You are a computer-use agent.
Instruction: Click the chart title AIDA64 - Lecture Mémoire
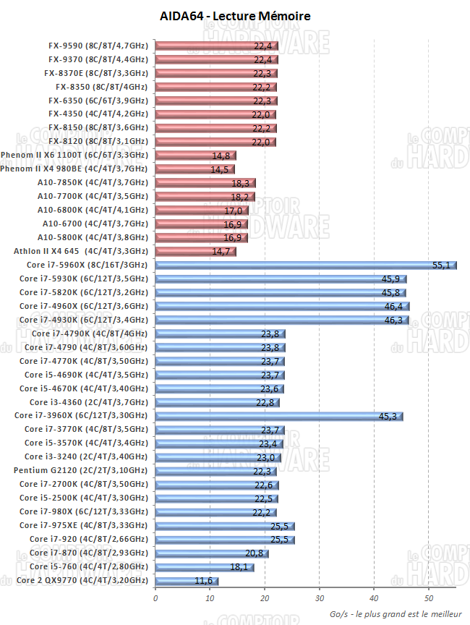tap(234, 16)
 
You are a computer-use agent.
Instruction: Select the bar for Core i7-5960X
tap(304, 265)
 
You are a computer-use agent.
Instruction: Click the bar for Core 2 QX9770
tap(186, 581)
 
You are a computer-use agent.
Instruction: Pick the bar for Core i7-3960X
tap(278, 416)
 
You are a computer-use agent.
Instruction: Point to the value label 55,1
tap(441, 265)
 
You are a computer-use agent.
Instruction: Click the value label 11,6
tap(203, 581)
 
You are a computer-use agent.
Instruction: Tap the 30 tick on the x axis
tap(320, 598)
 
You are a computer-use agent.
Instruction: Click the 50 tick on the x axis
tap(429, 598)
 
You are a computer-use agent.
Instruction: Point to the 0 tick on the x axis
tap(155, 598)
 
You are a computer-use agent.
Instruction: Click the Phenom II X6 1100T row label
tap(74, 155)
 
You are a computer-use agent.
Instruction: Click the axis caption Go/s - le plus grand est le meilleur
tap(395, 613)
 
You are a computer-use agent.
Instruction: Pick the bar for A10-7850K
tap(205, 183)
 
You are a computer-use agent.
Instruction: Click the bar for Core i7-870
tap(211, 553)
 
